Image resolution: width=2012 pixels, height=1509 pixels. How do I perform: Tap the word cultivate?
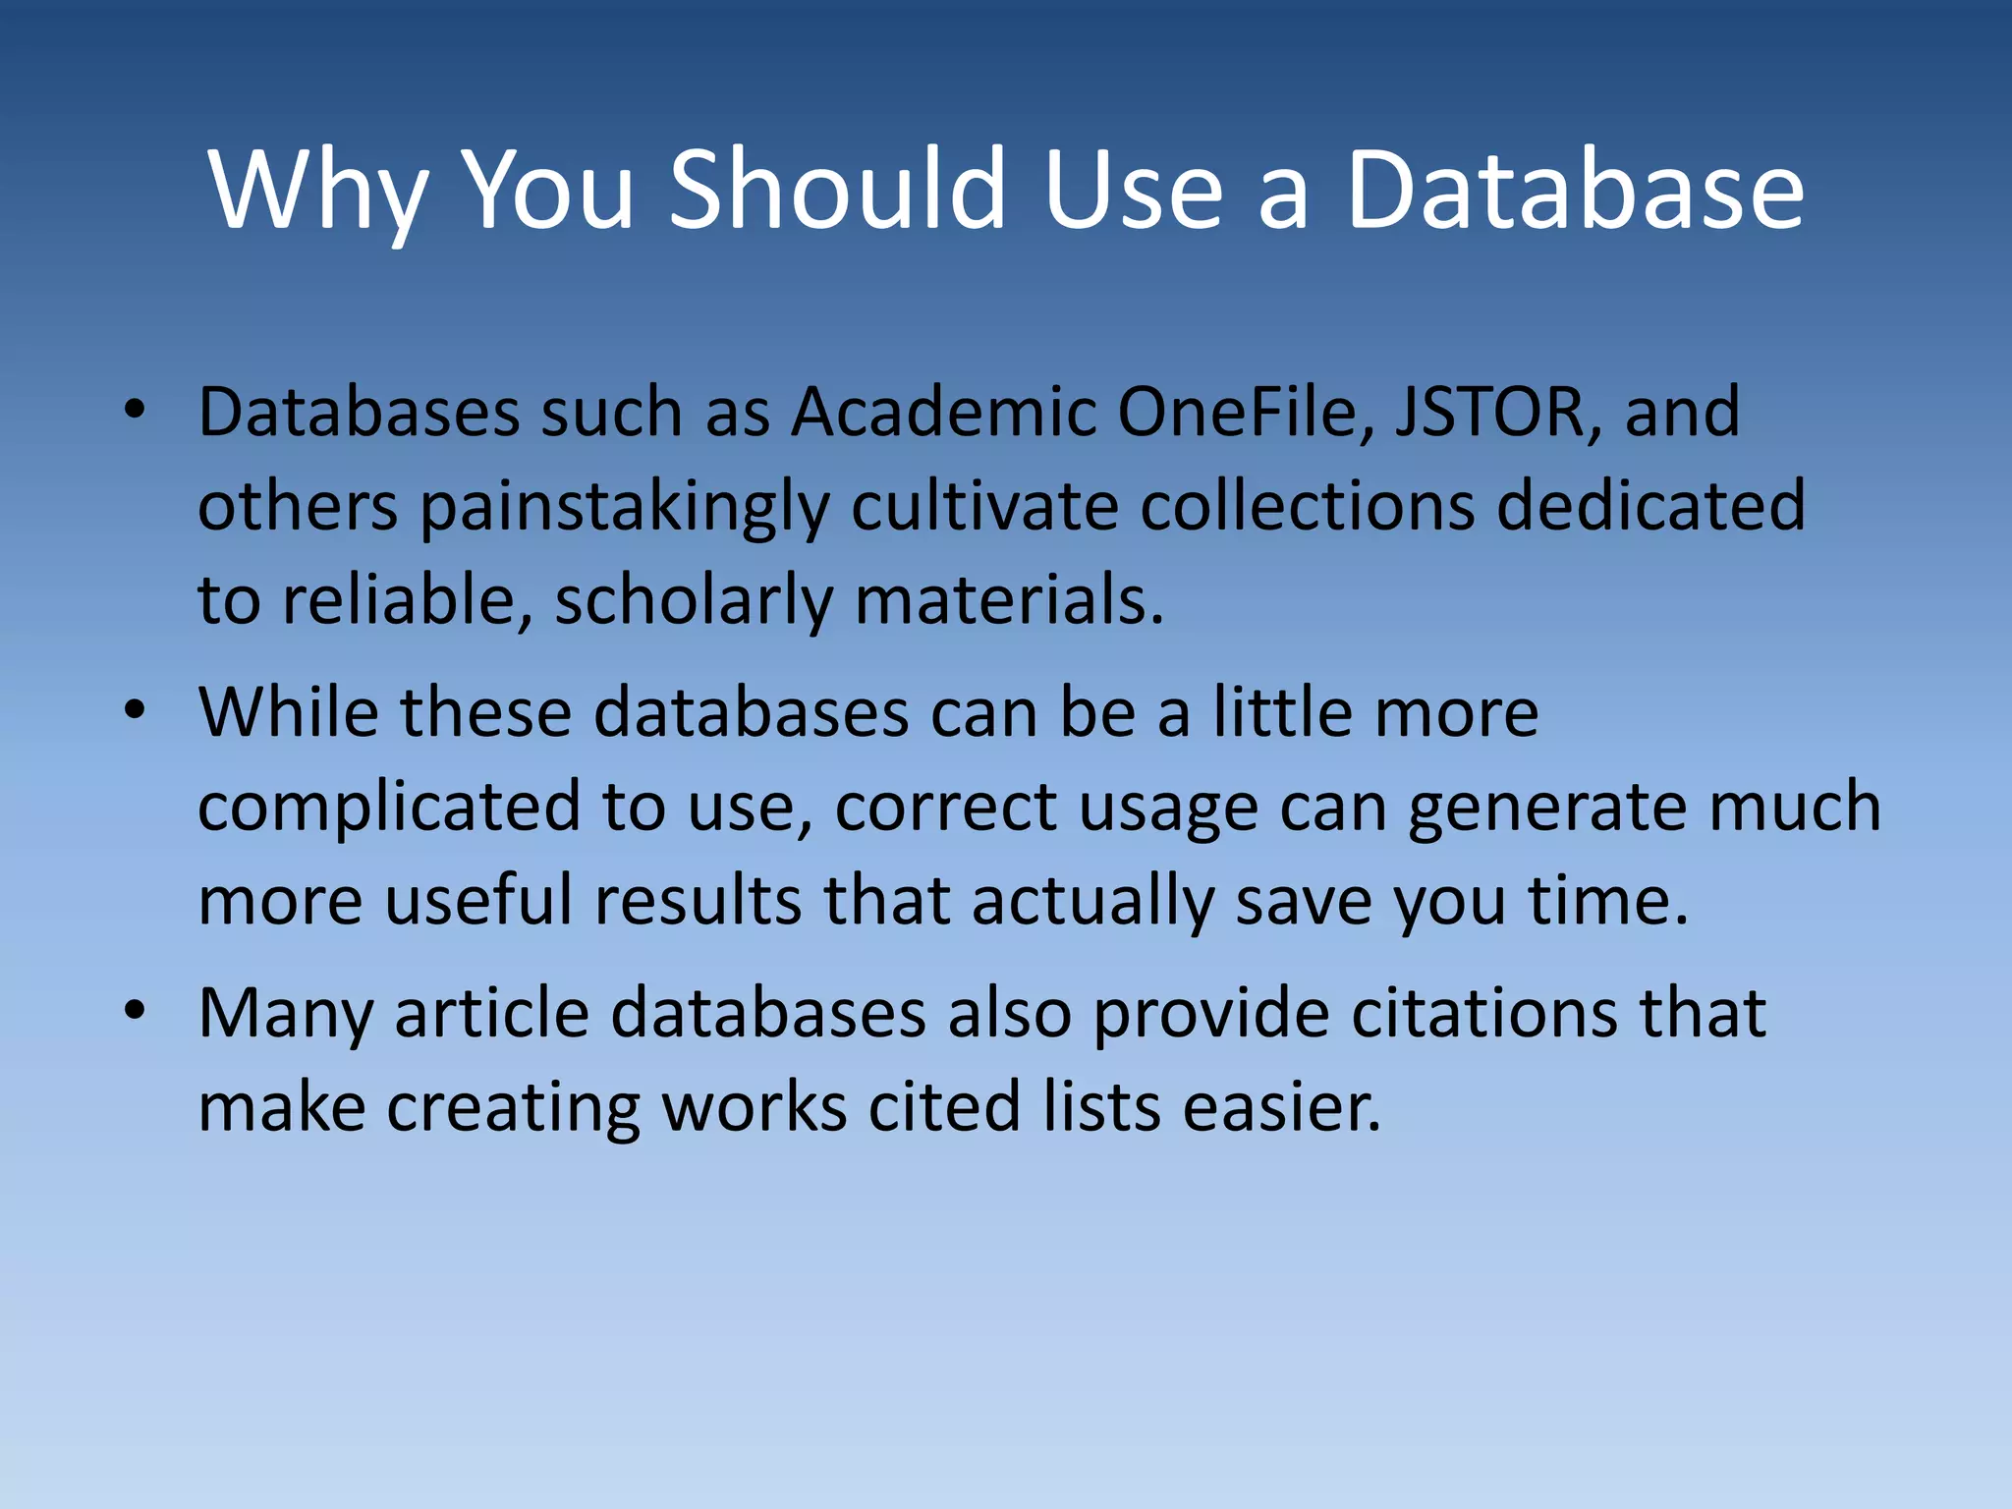pyautogui.click(x=984, y=505)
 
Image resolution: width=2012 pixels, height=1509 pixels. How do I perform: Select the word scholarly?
pyautogui.click(x=694, y=601)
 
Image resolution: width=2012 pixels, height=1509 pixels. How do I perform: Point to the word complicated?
pyautogui.click(x=389, y=808)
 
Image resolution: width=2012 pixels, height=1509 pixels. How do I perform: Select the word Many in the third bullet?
pyautogui.click(x=285, y=1014)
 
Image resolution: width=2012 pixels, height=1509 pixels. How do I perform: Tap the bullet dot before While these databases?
pyautogui.click(x=135, y=709)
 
